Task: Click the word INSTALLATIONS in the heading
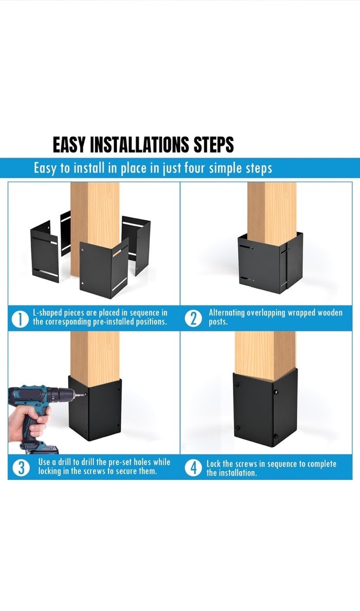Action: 139,145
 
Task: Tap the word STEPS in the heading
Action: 213,145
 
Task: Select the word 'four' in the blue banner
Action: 194,168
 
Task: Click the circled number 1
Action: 20,319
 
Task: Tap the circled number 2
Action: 193,318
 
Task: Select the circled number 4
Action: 193,468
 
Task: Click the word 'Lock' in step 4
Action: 213,464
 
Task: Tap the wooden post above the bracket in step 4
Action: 265,355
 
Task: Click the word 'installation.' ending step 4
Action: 231,473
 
